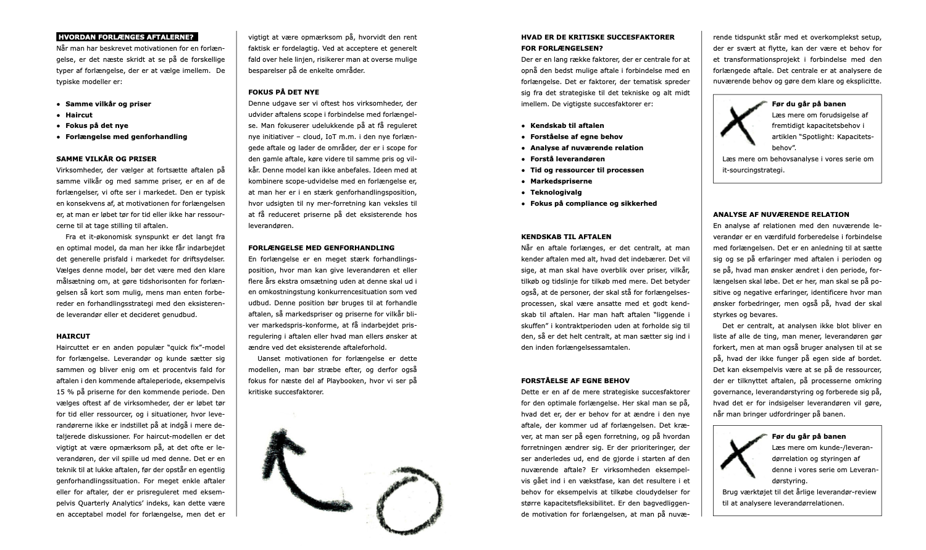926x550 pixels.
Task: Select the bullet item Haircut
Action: tap(79, 115)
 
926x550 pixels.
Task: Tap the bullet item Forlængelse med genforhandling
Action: tap(126, 137)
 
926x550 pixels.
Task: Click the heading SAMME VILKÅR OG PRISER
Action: tap(106, 159)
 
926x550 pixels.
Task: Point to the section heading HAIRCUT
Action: tap(73, 337)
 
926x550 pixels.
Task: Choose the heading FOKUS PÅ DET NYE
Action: tap(283, 93)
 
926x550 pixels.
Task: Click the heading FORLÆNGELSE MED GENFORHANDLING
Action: tap(321, 248)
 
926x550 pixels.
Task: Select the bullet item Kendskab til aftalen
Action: tap(567, 126)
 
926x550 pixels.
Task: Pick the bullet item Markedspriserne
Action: tap(561, 182)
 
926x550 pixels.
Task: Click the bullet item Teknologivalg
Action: tap(556, 193)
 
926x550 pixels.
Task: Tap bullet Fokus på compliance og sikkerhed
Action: tap(593, 204)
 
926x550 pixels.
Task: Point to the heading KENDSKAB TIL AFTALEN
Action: tap(566, 237)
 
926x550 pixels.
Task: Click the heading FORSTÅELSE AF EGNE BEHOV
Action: tap(575, 381)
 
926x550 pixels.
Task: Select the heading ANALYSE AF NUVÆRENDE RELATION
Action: tap(781, 215)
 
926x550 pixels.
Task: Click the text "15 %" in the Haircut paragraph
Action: tap(64, 392)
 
